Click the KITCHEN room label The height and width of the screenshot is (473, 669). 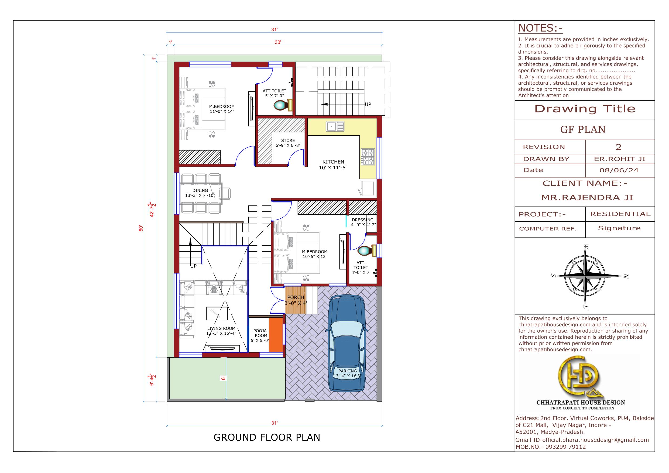[x=333, y=162]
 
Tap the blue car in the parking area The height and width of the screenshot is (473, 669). [x=347, y=343]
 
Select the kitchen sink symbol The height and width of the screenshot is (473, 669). [x=335, y=126]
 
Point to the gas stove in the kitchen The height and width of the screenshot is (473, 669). [x=368, y=157]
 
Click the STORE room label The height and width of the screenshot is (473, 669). [x=288, y=140]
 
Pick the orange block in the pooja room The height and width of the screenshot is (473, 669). [x=276, y=335]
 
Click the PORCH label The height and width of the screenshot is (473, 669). [x=296, y=297]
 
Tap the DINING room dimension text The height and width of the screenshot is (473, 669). [x=200, y=196]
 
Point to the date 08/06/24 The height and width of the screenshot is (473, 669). [x=619, y=170]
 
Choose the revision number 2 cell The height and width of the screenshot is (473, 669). [x=619, y=147]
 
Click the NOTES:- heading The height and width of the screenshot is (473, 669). [x=540, y=28]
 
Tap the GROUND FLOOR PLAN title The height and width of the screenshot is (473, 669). [x=267, y=437]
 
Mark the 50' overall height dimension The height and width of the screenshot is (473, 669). [x=141, y=228]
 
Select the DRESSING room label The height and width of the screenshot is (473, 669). [x=362, y=220]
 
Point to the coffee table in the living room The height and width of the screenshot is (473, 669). [x=217, y=313]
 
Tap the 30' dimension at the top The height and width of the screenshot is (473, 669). [x=278, y=42]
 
